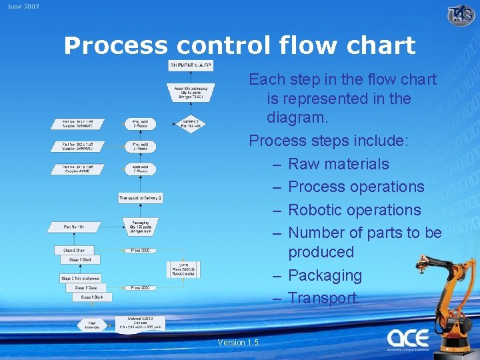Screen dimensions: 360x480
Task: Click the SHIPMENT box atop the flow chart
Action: (x=191, y=65)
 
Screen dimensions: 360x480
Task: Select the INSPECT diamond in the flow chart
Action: (x=190, y=124)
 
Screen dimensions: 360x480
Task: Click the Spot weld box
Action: (x=140, y=169)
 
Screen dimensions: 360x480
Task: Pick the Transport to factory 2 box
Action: (x=141, y=198)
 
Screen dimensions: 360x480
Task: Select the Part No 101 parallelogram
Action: (x=74, y=227)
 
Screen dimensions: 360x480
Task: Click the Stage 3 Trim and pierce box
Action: (x=80, y=278)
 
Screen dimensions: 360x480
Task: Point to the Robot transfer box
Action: (x=183, y=269)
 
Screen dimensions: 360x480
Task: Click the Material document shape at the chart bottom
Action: (x=140, y=323)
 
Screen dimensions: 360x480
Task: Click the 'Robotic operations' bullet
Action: (x=354, y=209)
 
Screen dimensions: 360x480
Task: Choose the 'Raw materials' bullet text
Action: (x=338, y=164)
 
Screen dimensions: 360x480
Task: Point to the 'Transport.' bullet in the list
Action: (x=323, y=297)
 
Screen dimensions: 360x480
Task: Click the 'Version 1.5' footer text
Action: (x=238, y=343)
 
